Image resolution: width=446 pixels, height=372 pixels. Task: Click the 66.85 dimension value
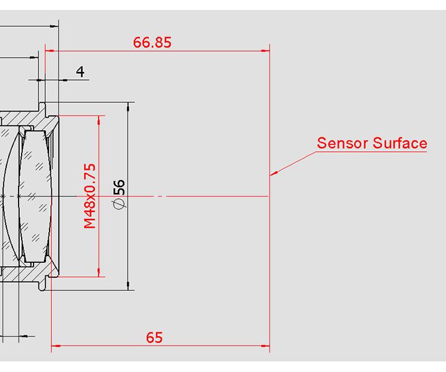coord(152,43)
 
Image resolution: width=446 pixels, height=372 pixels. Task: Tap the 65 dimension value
coord(154,337)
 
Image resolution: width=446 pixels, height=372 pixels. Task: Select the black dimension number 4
coord(80,72)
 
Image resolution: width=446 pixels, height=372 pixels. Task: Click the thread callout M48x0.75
coord(90,196)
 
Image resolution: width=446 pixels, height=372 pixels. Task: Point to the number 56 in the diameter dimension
coord(120,185)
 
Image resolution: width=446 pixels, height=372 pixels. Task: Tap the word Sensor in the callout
coord(342,143)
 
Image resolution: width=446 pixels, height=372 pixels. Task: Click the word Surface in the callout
coord(400,143)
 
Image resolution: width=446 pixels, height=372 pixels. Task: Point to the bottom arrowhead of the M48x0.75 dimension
coord(98,273)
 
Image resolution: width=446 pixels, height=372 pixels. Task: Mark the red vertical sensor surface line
coord(269,248)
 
